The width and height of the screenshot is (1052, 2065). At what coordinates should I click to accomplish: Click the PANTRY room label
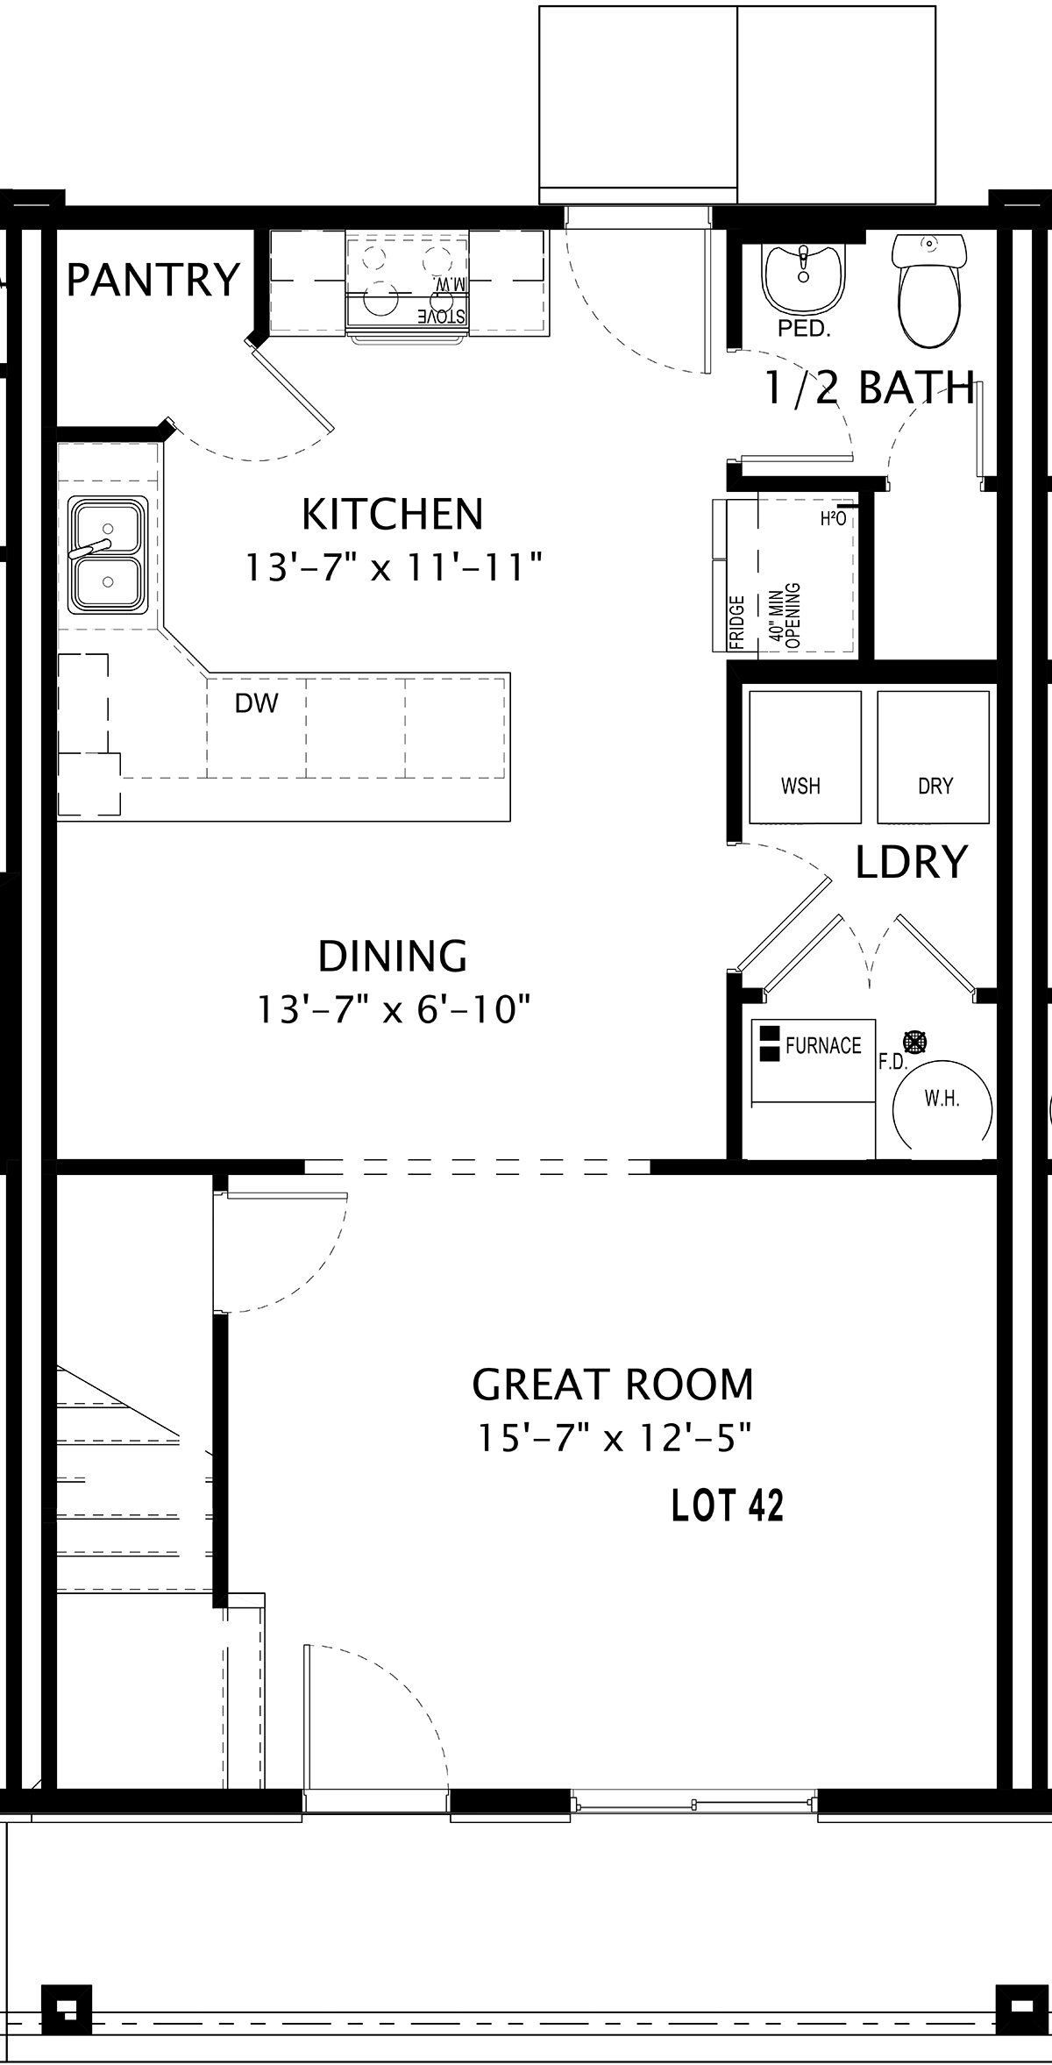[153, 281]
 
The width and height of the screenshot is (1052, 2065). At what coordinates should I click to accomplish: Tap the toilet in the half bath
[928, 290]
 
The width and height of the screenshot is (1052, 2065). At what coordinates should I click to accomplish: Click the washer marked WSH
[804, 756]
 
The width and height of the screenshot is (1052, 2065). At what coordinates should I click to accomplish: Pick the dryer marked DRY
[934, 756]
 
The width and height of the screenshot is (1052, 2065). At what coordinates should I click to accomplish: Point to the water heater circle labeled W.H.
[942, 1099]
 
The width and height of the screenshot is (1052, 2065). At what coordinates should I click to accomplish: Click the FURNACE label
[823, 1045]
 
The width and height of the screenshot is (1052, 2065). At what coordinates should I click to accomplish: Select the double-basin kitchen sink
[108, 556]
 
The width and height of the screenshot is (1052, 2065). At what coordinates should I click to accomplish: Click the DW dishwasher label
[256, 702]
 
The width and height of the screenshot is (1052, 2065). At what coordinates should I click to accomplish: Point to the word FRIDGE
[736, 623]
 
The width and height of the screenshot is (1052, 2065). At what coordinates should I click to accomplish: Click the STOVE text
[441, 316]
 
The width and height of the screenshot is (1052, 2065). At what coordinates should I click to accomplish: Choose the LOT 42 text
[727, 1506]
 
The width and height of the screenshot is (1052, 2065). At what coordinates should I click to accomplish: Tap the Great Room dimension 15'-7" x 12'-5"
[615, 1438]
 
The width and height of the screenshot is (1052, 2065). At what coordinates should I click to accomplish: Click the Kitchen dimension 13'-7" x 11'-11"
[393, 567]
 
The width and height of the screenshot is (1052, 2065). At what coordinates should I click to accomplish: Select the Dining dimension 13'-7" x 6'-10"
[394, 1009]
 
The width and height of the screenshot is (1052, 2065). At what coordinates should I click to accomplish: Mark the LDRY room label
[911, 862]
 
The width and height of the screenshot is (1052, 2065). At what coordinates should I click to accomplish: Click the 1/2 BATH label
[870, 388]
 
